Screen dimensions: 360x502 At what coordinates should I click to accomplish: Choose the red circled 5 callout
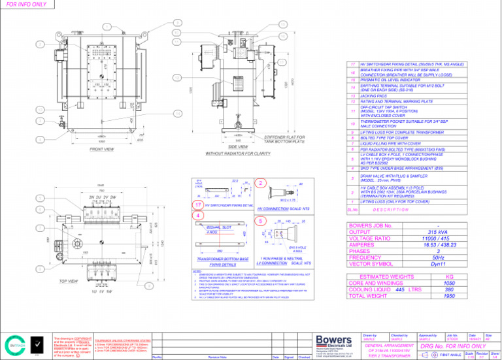260,221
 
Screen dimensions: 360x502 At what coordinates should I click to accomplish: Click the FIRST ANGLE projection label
451,355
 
